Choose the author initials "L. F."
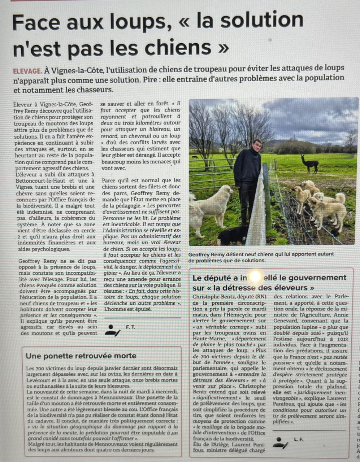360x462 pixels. (x=299, y=439)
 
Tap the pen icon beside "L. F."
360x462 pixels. (x=280, y=443)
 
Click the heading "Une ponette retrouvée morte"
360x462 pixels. (x=81, y=356)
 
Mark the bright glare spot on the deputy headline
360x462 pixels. (x=255, y=277)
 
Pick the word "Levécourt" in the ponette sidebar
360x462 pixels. (x=39, y=380)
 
